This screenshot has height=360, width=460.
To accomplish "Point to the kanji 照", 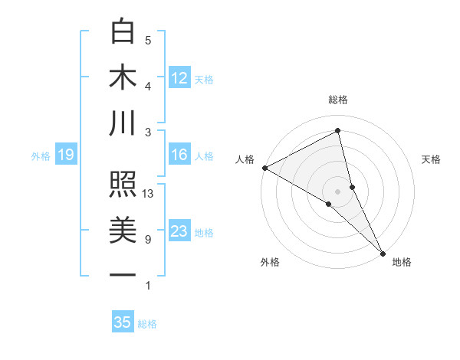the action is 123,185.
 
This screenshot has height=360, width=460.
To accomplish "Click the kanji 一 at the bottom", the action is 123,274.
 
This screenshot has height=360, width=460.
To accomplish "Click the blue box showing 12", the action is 179,77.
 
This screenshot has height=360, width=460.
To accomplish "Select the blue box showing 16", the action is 179,155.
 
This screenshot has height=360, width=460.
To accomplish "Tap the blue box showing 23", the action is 179,231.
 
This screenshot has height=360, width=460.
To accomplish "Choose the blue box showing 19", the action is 65,155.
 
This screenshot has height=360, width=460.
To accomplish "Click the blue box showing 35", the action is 123,322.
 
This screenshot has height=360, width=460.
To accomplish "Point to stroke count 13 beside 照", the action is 149,194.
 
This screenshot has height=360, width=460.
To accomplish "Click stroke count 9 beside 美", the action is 148,240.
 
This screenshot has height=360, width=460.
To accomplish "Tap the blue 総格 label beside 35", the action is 147,324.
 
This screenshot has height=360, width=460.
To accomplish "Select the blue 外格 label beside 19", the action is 41,156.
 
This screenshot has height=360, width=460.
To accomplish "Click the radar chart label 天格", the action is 432,159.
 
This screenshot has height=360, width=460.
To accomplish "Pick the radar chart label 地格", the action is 402,263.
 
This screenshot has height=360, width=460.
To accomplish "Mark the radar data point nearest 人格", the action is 264,167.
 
